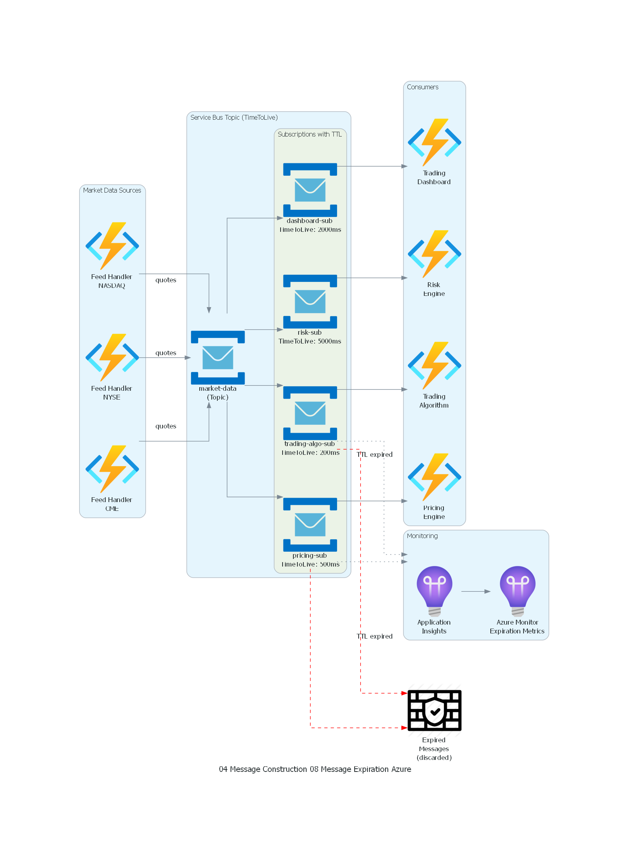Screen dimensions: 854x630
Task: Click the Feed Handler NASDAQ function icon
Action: coord(112,246)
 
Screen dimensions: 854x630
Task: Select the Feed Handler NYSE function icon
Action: coord(112,358)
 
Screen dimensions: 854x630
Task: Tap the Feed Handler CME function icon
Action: coord(112,469)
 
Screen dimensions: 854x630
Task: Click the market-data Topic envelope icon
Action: coord(218,358)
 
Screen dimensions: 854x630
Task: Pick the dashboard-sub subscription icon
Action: coord(310,190)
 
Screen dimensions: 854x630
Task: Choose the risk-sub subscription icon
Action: coord(310,301)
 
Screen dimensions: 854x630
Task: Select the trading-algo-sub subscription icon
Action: coord(310,413)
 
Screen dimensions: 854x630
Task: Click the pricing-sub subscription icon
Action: coord(310,524)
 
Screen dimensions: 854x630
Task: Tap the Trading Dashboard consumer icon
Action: coord(434,142)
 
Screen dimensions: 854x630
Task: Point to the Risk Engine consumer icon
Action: coord(434,254)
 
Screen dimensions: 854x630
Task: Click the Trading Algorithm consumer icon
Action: coord(434,366)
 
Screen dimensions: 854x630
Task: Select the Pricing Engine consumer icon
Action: coord(434,477)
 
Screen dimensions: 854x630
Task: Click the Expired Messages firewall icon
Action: coord(434,711)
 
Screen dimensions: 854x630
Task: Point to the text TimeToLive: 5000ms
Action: coord(310,341)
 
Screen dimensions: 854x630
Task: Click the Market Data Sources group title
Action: coord(112,190)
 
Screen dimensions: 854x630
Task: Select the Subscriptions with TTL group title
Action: coord(309,134)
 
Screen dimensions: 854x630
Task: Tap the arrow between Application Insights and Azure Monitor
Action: coord(476,591)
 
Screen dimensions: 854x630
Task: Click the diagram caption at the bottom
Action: coord(315,769)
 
